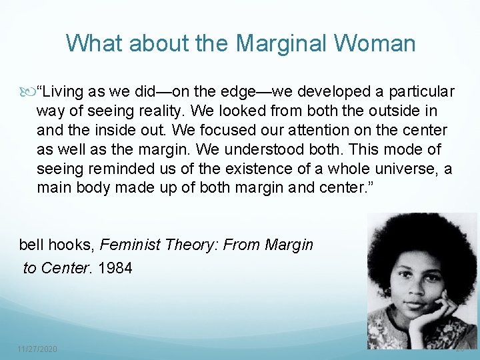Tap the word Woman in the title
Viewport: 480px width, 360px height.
(376, 44)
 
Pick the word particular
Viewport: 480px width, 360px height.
(421, 91)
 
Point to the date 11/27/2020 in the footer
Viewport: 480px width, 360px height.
(37, 349)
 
